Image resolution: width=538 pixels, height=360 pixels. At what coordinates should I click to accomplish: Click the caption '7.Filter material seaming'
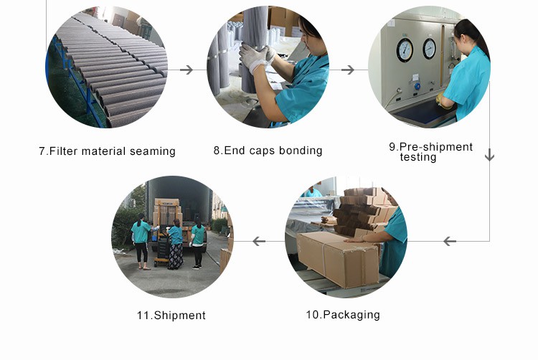click(107, 151)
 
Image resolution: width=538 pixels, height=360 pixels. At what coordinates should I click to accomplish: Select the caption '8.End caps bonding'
click(268, 151)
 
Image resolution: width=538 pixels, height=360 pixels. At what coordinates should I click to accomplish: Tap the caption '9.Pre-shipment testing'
click(430, 152)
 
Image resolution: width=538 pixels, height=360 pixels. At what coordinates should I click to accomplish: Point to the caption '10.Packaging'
click(343, 315)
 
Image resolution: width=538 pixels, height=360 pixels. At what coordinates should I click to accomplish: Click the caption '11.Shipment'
click(171, 316)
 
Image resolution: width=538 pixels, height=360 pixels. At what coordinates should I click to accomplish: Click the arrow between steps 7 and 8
click(186, 70)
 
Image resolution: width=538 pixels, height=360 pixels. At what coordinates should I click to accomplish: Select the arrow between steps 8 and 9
click(348, 70)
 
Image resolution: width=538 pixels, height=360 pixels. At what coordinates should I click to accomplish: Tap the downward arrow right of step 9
click(490, 154)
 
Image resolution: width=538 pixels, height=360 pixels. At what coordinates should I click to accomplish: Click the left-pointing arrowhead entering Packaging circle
click(450, 241)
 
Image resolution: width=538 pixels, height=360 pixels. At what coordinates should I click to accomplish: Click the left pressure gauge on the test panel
click(405, 49)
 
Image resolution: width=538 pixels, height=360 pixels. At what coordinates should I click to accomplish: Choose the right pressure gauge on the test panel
click(429, 48)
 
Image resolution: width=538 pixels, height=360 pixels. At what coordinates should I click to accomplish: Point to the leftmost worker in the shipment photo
click(141, 237)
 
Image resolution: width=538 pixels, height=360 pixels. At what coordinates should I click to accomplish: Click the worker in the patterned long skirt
click(175, 245)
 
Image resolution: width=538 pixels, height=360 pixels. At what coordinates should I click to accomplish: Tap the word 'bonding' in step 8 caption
click(301, 151)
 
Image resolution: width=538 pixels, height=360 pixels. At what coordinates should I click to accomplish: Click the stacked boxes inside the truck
click(166, 213)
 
